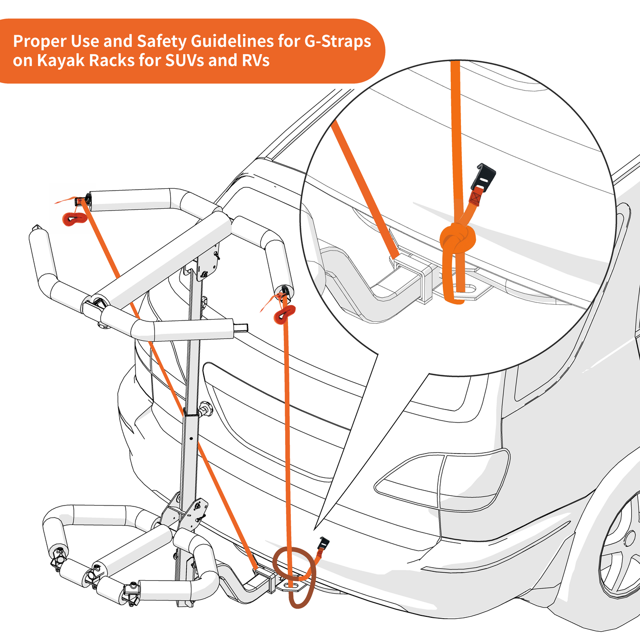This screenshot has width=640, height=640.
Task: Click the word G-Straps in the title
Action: [x=337, y=42]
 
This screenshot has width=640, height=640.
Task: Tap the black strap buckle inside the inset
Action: [x=486, y=176]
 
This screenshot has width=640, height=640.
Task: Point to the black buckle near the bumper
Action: [x=324, y=543]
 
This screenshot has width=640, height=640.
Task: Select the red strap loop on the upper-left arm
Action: [x=75, y=219]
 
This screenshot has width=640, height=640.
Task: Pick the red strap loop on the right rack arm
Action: [x=284, y=314]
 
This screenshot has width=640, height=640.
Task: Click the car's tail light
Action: [x=443, y=480]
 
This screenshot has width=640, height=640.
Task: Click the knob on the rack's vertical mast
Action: [x=205, y=410]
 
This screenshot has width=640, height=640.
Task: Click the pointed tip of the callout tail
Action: [x=315, y=529]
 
